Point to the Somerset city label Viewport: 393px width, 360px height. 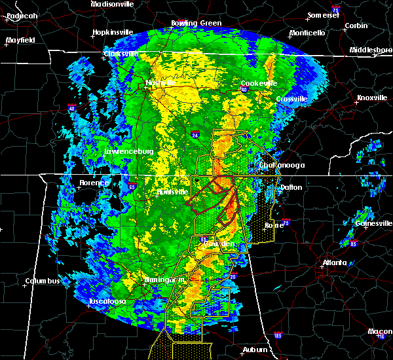pos(324,15)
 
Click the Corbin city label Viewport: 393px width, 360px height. pos(356,26)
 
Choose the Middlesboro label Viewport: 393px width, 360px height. pos(370,50)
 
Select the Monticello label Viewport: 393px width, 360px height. pos(307,33)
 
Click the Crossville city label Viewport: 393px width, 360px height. pos(291,99)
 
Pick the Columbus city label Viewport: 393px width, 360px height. pos(43,281)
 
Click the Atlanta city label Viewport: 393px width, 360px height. pos(335,263)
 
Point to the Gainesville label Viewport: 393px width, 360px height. pos(374,223)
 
